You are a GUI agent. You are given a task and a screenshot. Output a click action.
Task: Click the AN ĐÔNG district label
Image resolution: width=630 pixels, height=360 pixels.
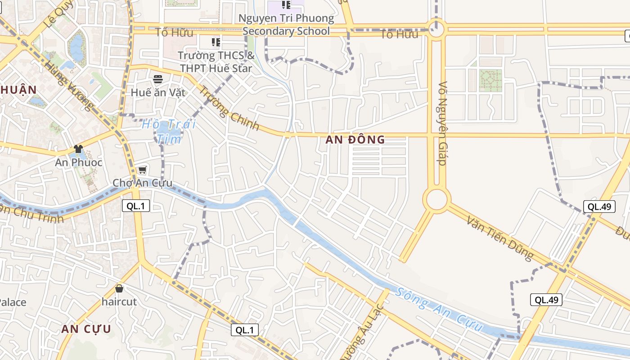[355, 139]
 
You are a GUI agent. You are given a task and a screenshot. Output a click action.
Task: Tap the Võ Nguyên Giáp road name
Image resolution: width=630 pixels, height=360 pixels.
[443, 123]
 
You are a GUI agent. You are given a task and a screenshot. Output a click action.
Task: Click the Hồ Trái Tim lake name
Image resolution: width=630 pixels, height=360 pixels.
[169, 131]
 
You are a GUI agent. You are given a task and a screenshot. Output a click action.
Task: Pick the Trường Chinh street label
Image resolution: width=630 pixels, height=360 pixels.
[229, 108]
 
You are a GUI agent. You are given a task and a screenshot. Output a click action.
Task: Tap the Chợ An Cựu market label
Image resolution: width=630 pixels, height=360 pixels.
[142, 183]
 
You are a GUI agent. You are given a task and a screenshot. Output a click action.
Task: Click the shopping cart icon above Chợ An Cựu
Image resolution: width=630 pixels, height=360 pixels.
[142, 170]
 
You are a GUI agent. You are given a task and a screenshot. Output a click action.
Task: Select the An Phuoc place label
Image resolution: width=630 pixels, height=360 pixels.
[79, 162]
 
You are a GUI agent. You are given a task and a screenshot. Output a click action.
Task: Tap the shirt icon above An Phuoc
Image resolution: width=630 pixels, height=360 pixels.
[78, 149]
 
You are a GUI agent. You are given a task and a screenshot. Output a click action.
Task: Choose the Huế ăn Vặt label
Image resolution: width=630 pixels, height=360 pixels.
[157, 93]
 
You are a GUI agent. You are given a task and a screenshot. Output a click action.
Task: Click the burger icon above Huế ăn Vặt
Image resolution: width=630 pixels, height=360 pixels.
[157, 80]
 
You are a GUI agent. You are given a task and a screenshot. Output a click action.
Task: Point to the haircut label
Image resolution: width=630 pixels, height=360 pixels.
[119, 301]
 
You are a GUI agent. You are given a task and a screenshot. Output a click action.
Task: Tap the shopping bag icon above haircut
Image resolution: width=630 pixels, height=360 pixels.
[119, 288]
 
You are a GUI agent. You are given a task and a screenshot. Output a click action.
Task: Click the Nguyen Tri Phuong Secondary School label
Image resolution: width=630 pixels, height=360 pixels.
[286, 25]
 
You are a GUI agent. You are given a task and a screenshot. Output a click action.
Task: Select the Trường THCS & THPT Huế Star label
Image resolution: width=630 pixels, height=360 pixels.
[216, 62]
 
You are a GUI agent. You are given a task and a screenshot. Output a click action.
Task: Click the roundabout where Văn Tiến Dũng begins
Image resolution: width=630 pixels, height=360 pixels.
[436, 199]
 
